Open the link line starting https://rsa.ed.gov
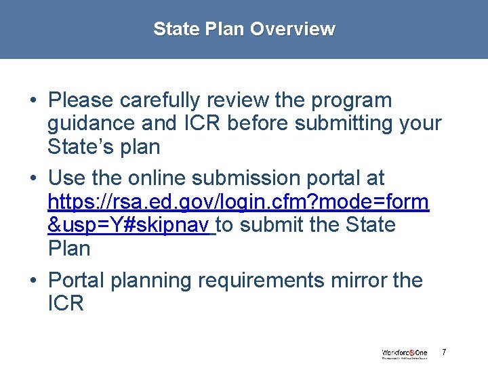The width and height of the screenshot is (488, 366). [x=238, y=201]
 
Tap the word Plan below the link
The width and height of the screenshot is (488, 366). [x=69, y=248]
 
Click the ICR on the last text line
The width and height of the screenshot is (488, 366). [x=66, y=303]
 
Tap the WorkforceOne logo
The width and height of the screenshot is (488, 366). [x=405, y=353]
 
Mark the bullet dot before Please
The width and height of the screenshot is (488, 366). [x=33, y=101]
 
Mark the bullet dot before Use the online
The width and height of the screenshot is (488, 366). [x=33, y=179]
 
